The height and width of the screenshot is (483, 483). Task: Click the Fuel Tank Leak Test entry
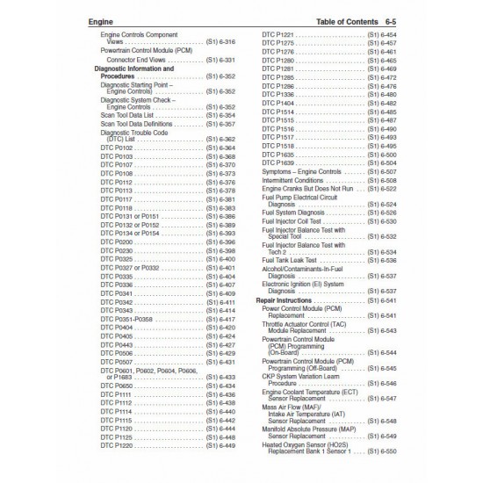(x=291, y=261)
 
